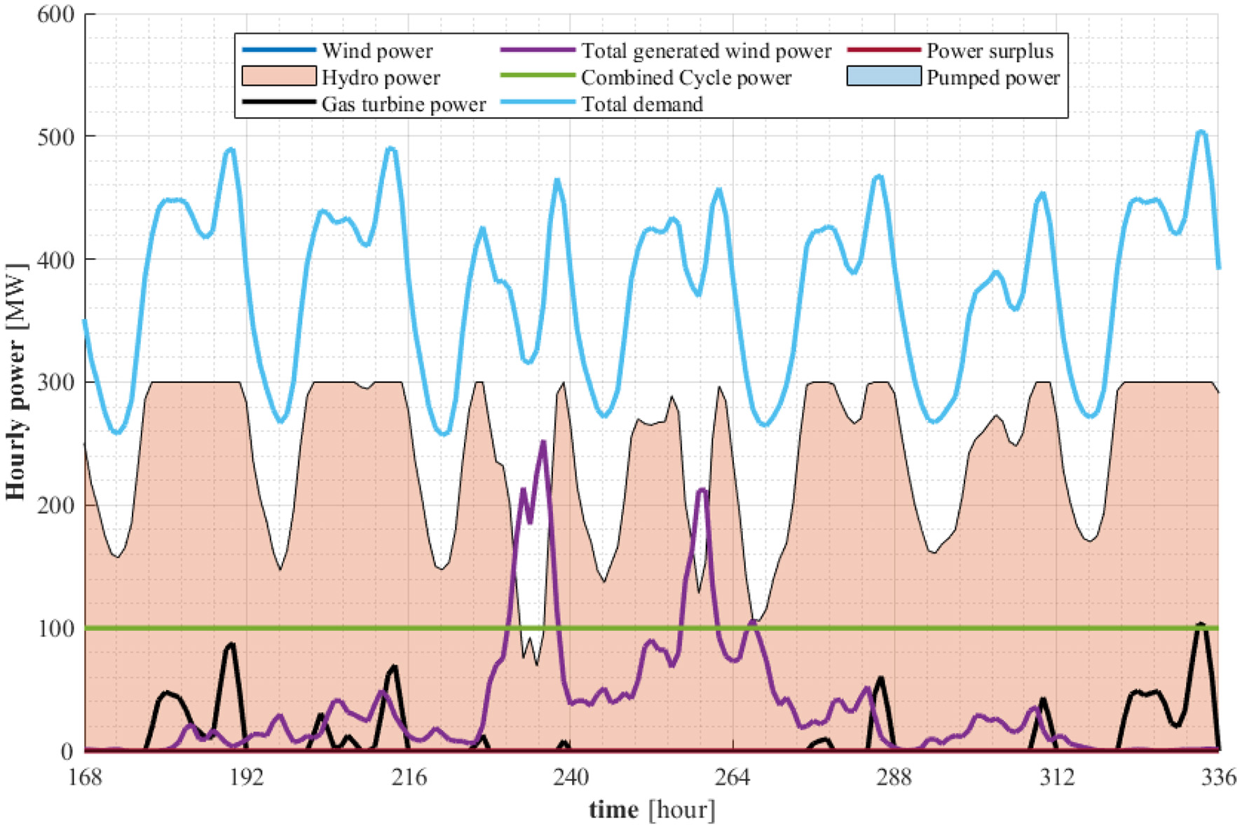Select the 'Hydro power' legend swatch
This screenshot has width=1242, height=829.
(278, 76)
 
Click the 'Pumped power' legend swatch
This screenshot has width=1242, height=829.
(883, 76)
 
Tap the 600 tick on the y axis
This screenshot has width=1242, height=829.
(55, 14)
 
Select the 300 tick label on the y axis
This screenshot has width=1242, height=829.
(55, 382)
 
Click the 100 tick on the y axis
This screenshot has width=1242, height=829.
(55, 628)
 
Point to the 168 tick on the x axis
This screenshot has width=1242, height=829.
(85, 777)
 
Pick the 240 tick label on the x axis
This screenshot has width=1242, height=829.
(571, 777)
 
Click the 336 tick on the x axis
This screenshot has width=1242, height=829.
(1219, 777)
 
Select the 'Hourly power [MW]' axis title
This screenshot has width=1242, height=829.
(15, 382)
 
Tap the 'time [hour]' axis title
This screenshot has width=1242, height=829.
(652, 809)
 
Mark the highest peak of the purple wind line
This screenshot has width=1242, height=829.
(543, 442)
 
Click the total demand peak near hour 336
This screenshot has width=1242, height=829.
(1201, 131)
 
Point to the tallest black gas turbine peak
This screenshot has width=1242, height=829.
(1201, 624)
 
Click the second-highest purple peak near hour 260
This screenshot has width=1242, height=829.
(702, 490)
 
